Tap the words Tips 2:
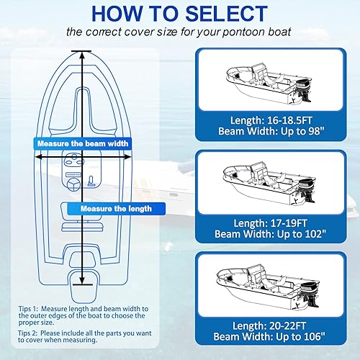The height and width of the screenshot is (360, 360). (31, 335)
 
